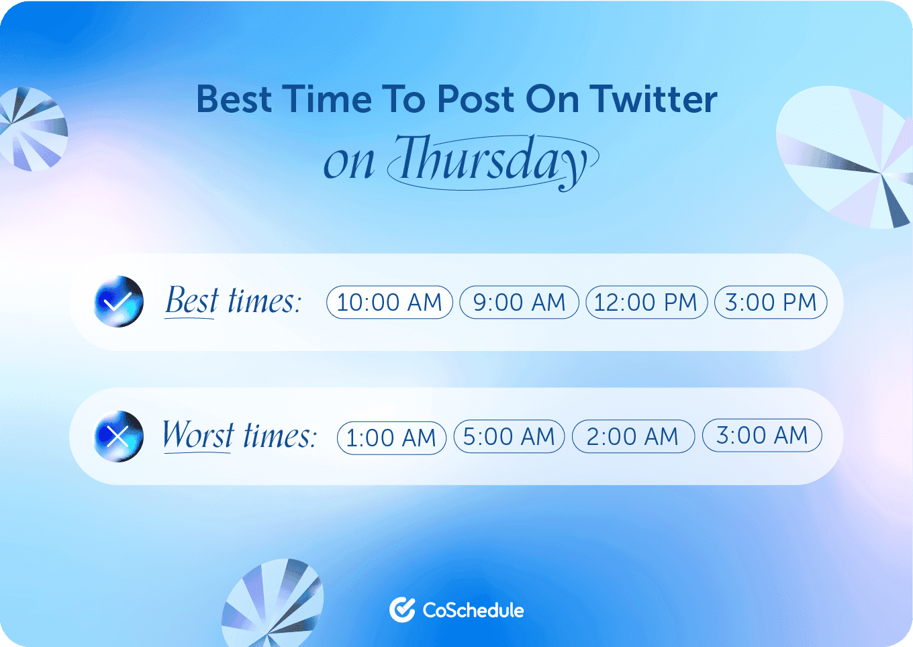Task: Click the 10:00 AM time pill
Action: (x=389, y=302)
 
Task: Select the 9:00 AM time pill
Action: (x=519, y=302)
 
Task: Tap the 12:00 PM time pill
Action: (x=646, y=302)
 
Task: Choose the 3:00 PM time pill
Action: (x=771, y=302)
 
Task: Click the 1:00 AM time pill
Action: (x=391, y=438)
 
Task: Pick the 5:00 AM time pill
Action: (x=510, y=436)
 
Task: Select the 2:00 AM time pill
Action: (x=633, y=436)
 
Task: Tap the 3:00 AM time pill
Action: (x=762, y=435)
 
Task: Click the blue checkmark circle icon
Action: (x=119, y=301)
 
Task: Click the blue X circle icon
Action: (x=119, y=436)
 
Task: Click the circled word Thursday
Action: (x=492, y=161)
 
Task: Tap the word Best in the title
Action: (x=234, y=99)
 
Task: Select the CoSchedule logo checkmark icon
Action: (x=402, y=609)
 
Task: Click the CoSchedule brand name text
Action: (x=473, y=610)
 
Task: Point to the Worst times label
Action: (x=239, y=436)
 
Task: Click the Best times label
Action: (x=233, y=301)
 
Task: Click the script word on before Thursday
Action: (x=348, y=163)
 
